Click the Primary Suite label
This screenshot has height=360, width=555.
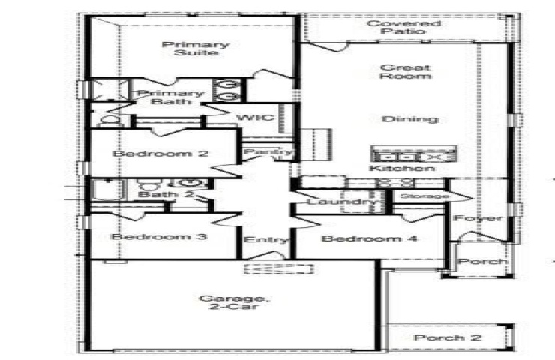(196, 49)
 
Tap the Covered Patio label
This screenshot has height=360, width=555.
(403, 27)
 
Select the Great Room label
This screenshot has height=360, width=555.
(405, 71)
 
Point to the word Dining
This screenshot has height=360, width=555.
(410, 119)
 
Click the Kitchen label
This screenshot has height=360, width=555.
(402, 168)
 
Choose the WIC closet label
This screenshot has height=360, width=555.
(256, 117)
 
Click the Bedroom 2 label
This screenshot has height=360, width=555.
(160, 154)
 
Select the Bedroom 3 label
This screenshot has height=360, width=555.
(159, 236)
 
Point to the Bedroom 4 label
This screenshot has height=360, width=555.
(370, 238)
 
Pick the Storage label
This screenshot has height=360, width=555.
(424, 196)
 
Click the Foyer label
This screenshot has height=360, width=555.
(478, 218)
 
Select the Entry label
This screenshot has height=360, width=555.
(266, 240)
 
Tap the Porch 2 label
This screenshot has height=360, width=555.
(448, 337)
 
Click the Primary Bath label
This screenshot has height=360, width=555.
(170, 97)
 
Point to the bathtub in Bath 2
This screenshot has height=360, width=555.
(109, 190)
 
